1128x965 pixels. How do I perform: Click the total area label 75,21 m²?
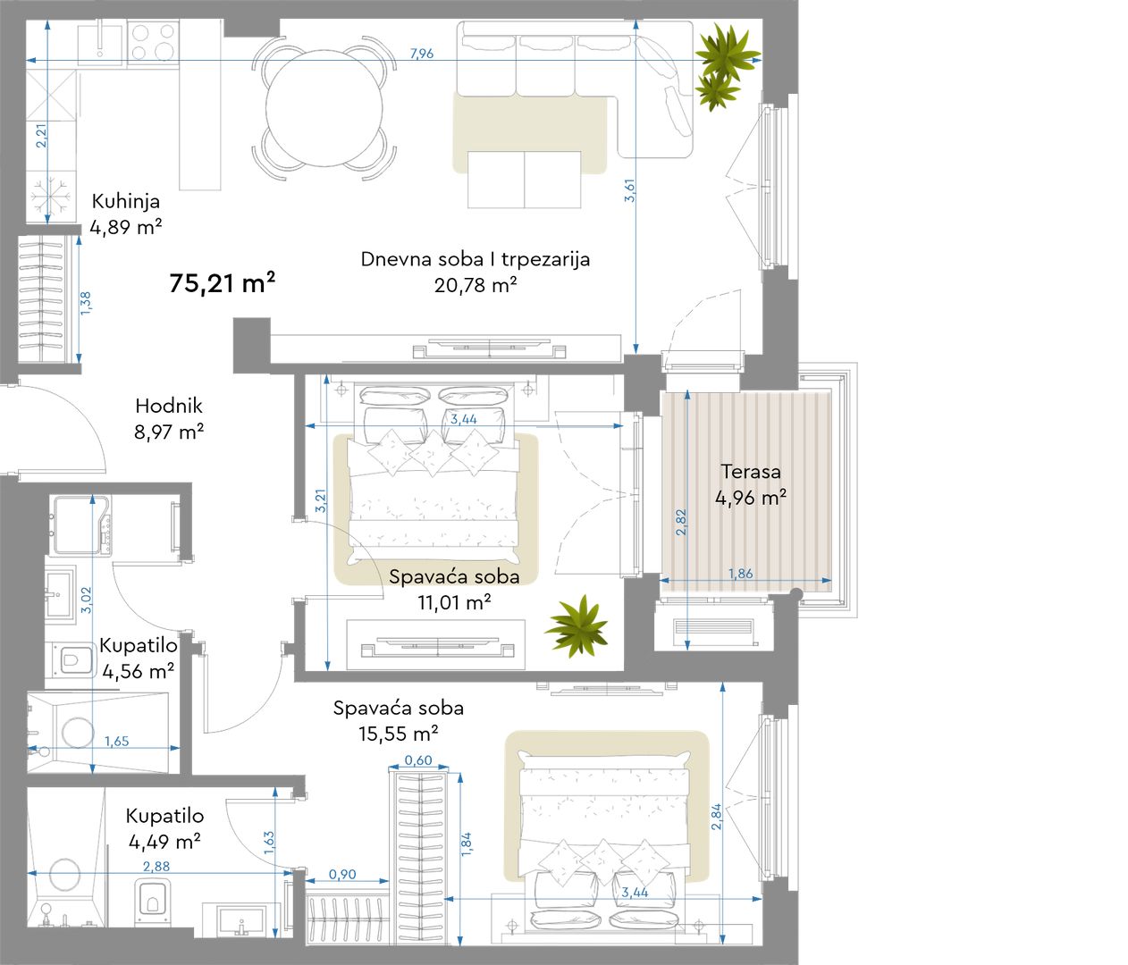[222, 282]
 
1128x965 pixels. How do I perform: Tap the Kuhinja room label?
[125, 201]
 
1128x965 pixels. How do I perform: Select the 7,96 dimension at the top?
[421, 53]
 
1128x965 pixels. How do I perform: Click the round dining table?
[324, 108]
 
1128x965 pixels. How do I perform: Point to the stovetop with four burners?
[154, 42]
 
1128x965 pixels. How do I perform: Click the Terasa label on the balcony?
[751, 471]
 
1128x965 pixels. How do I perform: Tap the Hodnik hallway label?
[169, 406]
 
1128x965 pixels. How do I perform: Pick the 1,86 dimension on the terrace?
[741, 574]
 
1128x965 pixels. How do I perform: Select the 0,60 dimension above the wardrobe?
[418, 759]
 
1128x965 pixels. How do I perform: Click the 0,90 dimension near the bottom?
[342, 874]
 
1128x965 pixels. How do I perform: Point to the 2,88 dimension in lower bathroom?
[156, 866]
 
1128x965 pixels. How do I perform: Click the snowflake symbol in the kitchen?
[50, 196]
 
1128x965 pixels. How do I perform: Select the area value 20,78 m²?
[476, 285]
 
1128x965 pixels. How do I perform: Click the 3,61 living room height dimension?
[630, 190]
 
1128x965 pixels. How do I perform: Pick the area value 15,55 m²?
[398, 734]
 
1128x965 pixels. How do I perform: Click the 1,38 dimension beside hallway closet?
[86, 303]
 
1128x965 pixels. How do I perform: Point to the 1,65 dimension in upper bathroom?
[117, 741]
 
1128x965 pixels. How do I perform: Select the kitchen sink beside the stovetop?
[100, 43]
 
